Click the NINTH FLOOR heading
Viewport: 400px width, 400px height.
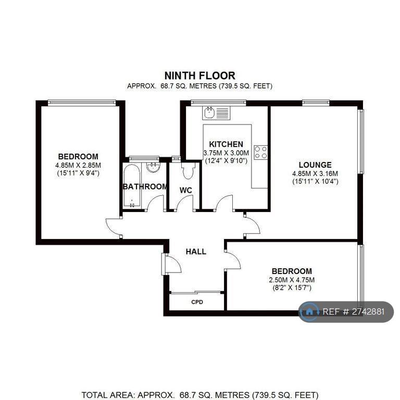click(x=200, y=76)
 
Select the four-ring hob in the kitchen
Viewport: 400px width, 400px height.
click(x=261, y=152)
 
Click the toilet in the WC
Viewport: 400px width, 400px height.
click(x=188, y=170)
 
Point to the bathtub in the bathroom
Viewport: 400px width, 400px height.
click(x=132, y=186)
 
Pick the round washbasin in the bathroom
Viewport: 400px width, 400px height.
click(x=153, y=167)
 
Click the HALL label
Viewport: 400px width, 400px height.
click(x=196, y=252)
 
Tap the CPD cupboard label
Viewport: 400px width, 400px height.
click(x=197, y=302)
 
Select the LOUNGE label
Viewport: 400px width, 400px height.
click(x=315, y=165)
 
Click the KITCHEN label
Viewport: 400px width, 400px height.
click(x=226, y=144)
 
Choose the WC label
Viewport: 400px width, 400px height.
click(x=186, y=190)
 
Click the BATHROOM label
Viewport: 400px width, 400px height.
click(x=145, y=187)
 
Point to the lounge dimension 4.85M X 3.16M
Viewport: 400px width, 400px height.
click(x=315, y=174)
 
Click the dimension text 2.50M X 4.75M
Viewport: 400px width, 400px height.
click(x=292, y=280)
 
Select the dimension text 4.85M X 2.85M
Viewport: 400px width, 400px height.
click(x=78, y=165)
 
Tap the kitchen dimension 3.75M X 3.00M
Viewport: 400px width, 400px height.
click(x=226, y=153)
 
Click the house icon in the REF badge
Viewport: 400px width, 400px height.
click(x=309, y=311)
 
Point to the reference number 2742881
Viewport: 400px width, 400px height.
click(x=368, y=312)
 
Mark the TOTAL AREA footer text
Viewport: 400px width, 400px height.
click(x=200, y=395)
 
